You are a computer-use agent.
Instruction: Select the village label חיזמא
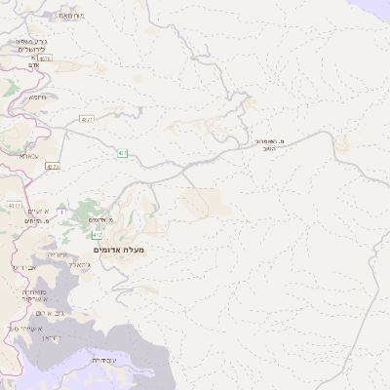point(38,97)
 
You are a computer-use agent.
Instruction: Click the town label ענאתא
point(30,155)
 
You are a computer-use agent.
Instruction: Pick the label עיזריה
point(56,253)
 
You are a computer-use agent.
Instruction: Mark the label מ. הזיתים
point(36,221)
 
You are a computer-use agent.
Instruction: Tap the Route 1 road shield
point(61,212)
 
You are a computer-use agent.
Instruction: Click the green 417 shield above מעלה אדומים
point(97,235)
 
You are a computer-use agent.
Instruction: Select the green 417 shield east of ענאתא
point(123,153)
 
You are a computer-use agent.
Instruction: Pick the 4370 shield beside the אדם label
point(45,58)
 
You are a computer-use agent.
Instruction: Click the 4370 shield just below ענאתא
point(53,167)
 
